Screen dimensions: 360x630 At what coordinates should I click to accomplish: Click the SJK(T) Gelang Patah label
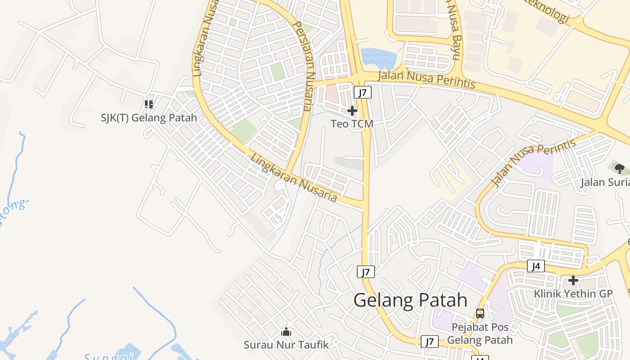click(x=148, y=118)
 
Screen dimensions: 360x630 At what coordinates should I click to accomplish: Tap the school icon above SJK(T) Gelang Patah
click(x=149, y=104)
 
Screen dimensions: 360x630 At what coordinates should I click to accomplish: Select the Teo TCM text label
click(x=352, y=123)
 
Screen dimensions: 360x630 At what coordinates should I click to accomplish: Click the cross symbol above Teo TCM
click(x=352, y=110)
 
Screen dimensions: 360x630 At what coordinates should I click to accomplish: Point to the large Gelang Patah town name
click(x=410, y=300)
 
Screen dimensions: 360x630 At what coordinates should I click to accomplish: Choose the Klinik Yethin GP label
click(x=573, y=294)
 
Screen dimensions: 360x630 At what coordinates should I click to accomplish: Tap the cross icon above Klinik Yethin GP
click(x=573, y=280)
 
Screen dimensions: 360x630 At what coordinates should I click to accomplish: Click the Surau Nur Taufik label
click(x=286, y=345)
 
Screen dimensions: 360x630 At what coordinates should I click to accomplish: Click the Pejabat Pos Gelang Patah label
click(x=480, y=333)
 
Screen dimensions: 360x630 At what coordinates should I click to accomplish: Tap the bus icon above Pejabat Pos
click(x=480, y=313)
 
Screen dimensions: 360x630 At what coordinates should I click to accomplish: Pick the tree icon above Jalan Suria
click(x=619, y=169)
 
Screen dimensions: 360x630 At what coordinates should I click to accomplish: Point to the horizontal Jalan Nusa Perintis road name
click(x=426, y=80)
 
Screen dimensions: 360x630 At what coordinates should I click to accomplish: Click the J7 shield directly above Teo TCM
click(x=363, y=93)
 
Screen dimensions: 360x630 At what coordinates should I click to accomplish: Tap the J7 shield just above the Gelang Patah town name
click(x=366, y=272)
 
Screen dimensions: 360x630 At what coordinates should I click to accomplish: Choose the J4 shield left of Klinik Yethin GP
click(x=535, y=266)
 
